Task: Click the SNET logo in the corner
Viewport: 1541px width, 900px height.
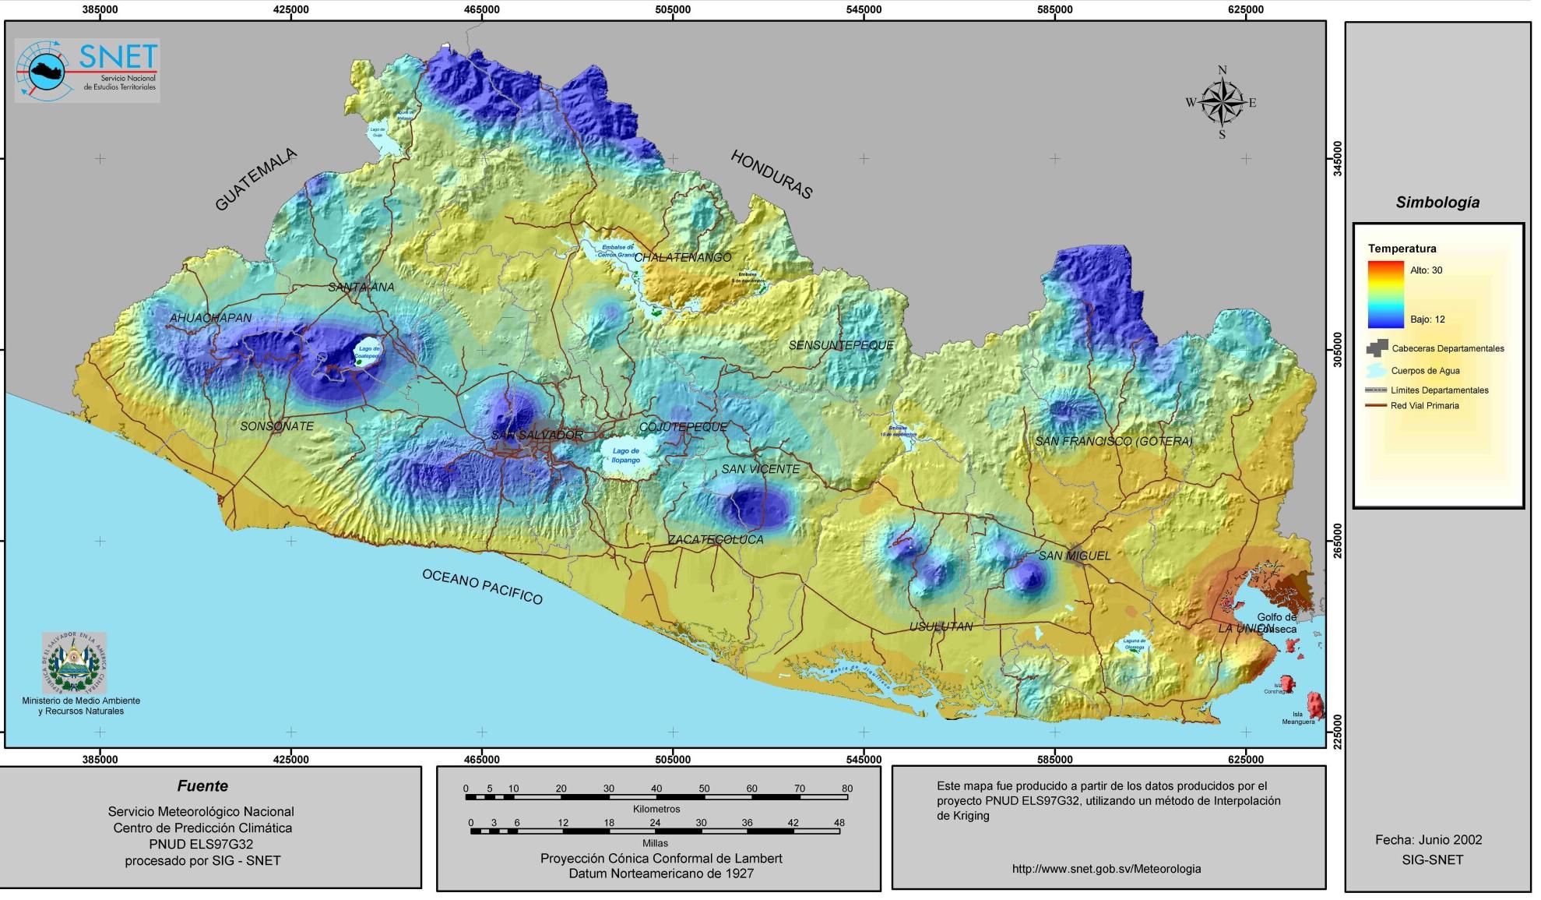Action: coord(87,70)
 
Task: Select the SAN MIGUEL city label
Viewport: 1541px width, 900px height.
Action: coord(1075,556)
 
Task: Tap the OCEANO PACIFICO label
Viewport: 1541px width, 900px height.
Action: coord(482,586)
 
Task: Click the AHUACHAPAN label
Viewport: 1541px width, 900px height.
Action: coord(210,318)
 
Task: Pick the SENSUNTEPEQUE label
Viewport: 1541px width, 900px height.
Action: coord(841,345)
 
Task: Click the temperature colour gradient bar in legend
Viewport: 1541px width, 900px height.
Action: coord(1385,295)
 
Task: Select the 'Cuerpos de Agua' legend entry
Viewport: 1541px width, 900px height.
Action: coord(1425,371)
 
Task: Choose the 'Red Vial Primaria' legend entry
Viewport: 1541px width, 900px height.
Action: coord(1424,406)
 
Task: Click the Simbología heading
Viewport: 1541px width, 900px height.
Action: coord(1437,203)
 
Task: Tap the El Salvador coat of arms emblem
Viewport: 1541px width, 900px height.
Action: coord(74,663)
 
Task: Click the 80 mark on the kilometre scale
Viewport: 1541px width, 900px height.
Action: coord(846,789)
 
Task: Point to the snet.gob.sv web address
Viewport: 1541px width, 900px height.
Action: coord(1106,869)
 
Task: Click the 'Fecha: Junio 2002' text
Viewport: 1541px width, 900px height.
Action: coord(1428,840)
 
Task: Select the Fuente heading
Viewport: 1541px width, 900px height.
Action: coord(202,786)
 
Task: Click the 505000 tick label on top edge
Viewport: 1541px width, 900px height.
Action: coord(673,9)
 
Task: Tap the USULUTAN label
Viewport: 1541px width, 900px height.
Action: coord(941,626)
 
